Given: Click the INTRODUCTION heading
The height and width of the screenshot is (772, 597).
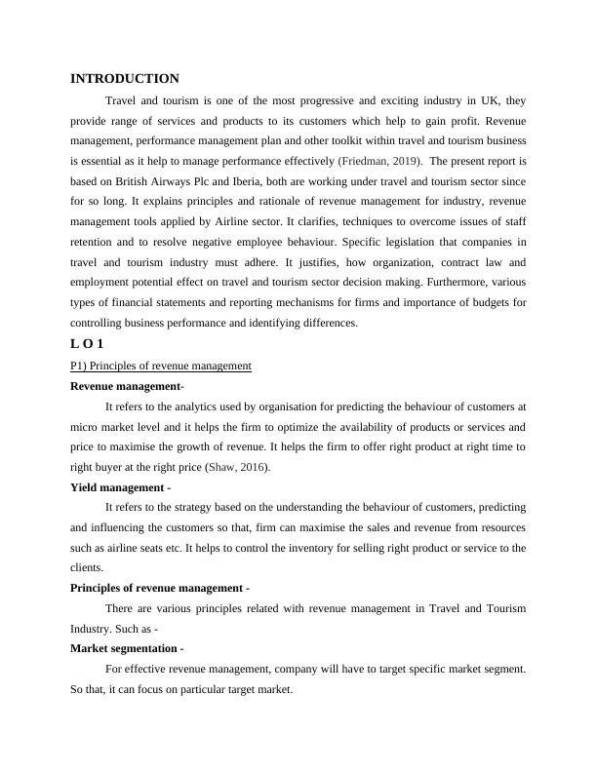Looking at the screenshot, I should pyautogui.click(x=125, y=79).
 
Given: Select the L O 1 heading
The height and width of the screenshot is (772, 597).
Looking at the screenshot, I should pyautogui.click(x=87, y=344).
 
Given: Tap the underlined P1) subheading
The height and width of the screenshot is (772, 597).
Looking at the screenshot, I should pyautogui.click(x=161, y=366).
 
